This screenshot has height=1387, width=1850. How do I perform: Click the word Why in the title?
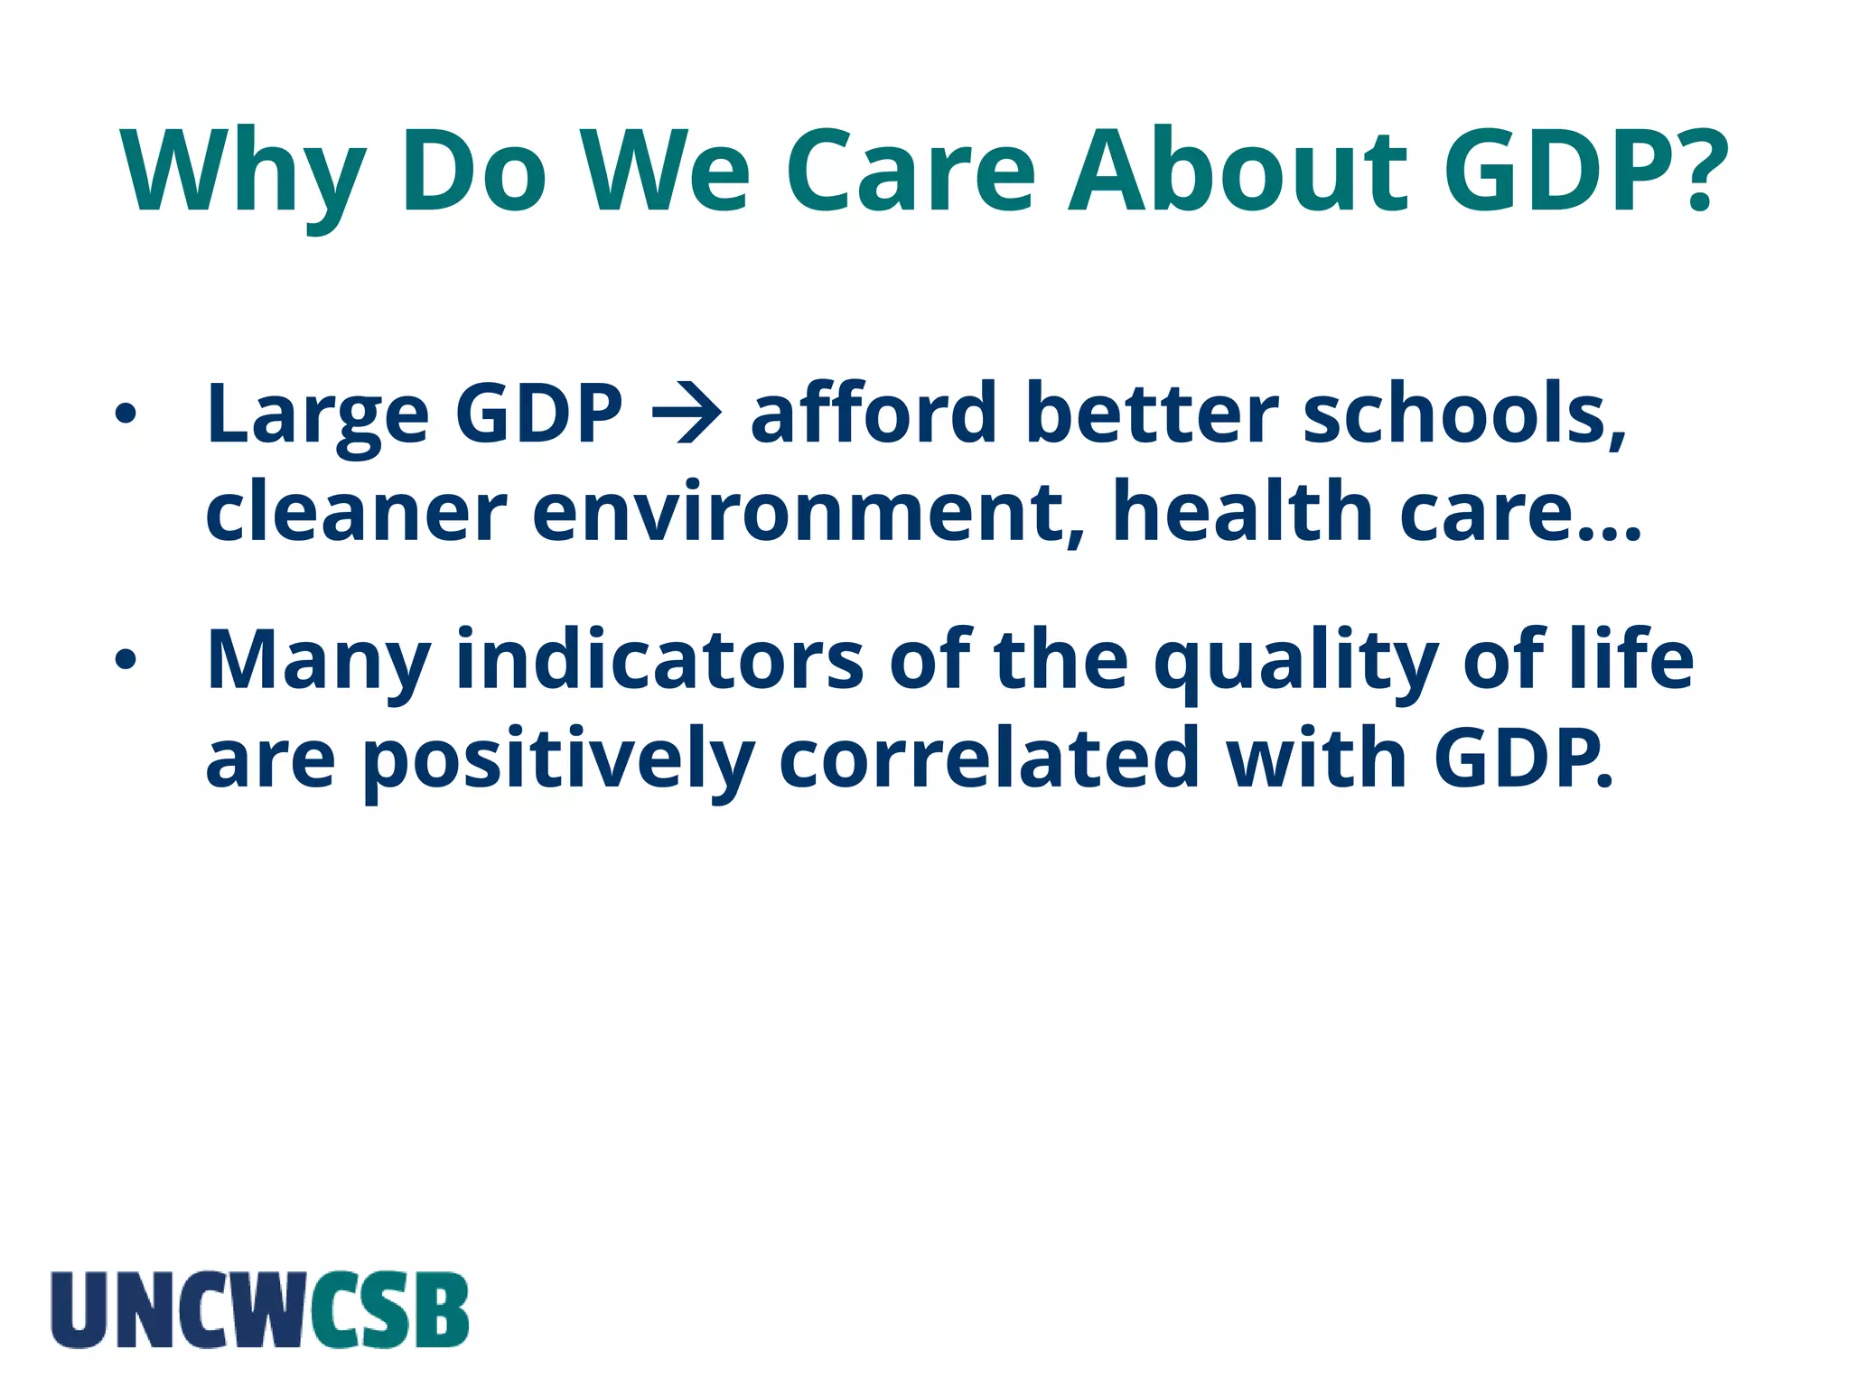244,172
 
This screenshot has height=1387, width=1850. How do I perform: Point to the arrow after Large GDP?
687,414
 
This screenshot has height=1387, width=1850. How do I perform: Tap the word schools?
1463,414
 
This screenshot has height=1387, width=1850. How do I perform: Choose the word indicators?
659,659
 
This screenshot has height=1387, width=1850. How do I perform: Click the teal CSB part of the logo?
389,1309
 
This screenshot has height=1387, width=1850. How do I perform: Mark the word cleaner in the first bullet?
356,512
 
